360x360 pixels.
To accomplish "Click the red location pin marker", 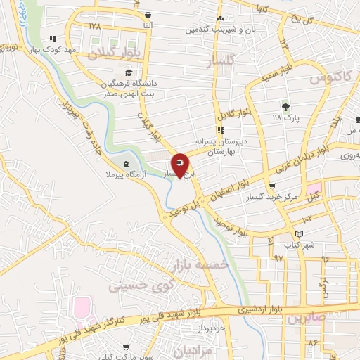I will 180,165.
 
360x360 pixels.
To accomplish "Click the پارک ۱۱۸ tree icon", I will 285,107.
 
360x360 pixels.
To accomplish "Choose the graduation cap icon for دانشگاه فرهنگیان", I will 128,72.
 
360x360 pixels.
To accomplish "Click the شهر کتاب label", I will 300,245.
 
